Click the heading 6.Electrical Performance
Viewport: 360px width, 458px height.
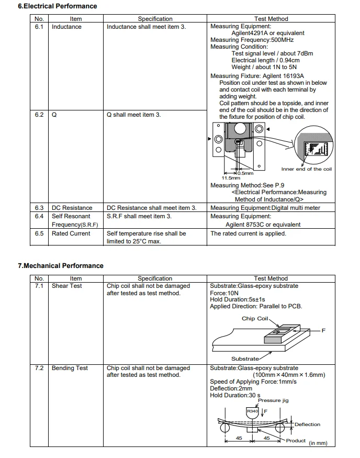pos(58,6)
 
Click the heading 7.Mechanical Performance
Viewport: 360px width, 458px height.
pos(61,266)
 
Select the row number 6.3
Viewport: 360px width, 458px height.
pos(39,208)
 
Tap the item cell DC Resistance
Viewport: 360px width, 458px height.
pos(72,208)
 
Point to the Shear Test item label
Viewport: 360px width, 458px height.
pos(66,286)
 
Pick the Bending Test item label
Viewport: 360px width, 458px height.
pos(70,368)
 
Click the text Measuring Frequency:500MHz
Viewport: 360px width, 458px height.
pos(252,40)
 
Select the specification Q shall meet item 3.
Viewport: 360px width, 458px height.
pos(133,115)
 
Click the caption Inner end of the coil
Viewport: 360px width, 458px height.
pos(306,169)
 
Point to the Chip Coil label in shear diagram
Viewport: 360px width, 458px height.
pos(255,318)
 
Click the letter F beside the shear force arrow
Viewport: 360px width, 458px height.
pos(323,330)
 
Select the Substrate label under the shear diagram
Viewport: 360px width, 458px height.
pos(245,359)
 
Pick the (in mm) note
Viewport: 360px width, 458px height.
pos(318,443)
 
